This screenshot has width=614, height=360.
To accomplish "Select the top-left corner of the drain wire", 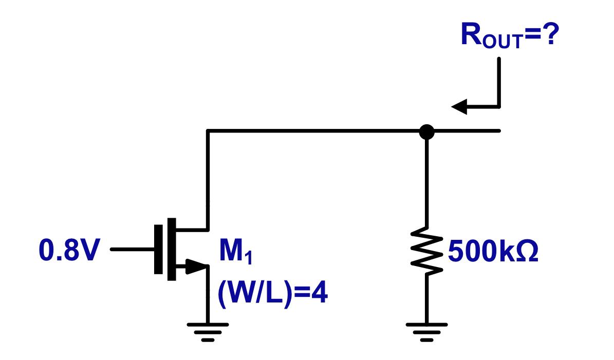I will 208,131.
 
